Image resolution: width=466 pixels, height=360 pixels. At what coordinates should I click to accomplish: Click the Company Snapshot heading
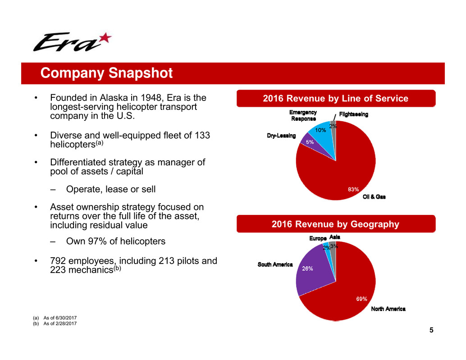(106, 73)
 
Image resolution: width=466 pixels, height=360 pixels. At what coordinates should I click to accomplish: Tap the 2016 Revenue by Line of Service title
(336, 98)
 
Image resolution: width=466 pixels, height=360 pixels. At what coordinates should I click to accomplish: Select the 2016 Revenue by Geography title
(336, 224)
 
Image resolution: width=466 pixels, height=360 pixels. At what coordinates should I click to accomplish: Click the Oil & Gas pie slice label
(374, 197)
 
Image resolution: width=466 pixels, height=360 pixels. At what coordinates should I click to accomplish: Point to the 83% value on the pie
(353, 189)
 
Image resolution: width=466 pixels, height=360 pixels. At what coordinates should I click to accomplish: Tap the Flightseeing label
(353, 114)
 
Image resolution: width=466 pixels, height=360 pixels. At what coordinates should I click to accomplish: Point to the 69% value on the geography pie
(362, 299)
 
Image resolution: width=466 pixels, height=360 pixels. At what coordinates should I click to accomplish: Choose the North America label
(388, 309)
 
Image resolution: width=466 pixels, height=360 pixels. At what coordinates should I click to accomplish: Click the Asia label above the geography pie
(335, 237)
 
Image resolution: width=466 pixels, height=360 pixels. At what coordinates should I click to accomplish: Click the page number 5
(431, 330)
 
